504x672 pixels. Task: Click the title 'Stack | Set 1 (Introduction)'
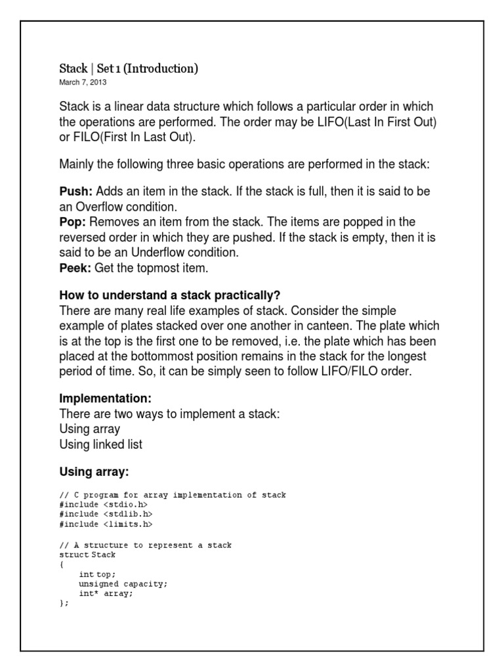pos(129,68)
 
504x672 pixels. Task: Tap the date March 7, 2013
pos(83,83)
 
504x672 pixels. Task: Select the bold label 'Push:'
pos(76,190)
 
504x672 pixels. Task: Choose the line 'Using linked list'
pos(100,444)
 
